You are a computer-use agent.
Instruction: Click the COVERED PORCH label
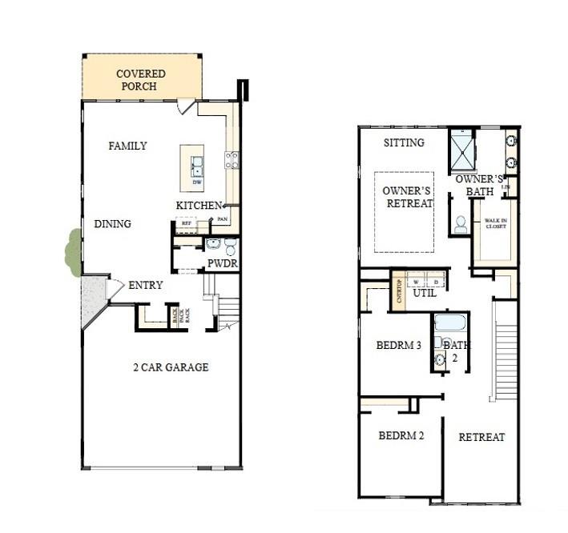click(x=140, y=80)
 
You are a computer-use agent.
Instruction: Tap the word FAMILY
click(x=127, y=146)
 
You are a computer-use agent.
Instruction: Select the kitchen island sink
click(x=196, y=167)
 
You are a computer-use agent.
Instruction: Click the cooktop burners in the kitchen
click(x=232, y=160)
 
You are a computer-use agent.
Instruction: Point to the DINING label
click(x=112, y=224)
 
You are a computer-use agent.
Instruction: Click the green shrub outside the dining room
click(x=73, y=252)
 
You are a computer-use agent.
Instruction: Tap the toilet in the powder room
click(x=230, y=246)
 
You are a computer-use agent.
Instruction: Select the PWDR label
click(x=222, y=263)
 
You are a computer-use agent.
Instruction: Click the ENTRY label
click(x=145, y=285)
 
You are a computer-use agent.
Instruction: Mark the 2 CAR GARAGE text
click(x=170, y=367)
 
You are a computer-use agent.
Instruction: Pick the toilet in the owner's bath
click(x=461, y=225)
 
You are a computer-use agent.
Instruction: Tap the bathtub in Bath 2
click(x=449, y=323)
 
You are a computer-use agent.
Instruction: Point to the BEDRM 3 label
click(x=398, y=346)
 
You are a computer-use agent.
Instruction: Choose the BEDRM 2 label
click(x=401, y=436)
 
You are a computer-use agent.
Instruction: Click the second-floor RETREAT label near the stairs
click(x=481, y=437)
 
